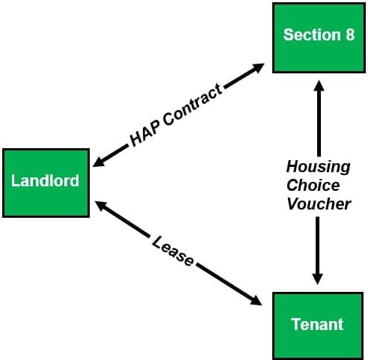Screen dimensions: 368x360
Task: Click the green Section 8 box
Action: coord(319,38)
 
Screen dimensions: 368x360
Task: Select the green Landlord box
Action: coord(46,183)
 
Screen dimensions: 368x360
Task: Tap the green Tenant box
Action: coord(318,326)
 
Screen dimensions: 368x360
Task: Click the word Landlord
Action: coord(45,180)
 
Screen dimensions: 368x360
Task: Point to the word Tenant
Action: coord(317,324)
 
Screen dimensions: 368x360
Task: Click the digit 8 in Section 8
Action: coord(350,34)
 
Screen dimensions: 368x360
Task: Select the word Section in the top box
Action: coord(312,34)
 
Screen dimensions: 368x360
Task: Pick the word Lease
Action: coord(173,251)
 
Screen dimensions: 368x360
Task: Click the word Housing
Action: coord(319,167)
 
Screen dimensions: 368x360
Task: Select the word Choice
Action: coord(313,185)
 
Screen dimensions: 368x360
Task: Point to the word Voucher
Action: coord(319,204)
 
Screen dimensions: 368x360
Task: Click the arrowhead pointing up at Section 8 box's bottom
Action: coord(319,85)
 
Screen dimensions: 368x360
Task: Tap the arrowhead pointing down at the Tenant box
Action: coord(317,279)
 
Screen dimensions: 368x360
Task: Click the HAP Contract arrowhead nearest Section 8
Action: coord(258,67)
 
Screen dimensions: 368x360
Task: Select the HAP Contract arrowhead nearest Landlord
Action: coord(99,162)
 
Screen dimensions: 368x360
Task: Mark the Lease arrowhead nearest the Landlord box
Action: coord(101,206)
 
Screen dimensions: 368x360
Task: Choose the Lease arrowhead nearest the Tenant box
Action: coord(256,301)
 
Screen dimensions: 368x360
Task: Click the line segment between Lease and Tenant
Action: coord(226,283)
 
